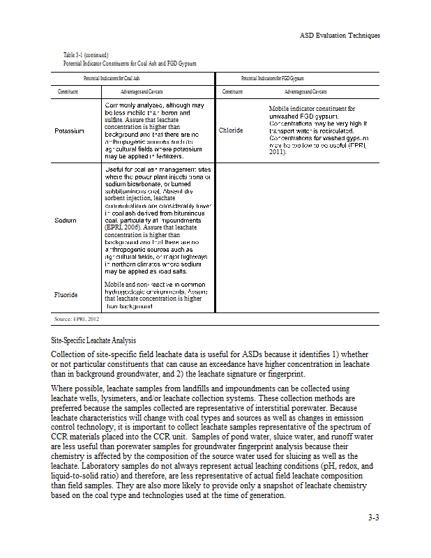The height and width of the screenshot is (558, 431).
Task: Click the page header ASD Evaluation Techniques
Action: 340,36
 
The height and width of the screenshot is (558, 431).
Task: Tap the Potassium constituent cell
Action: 69,131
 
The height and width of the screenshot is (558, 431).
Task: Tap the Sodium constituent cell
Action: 65,220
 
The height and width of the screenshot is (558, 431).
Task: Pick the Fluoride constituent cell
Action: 67,295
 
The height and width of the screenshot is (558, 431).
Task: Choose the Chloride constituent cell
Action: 231,130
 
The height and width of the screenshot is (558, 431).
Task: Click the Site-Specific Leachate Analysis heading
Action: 93,341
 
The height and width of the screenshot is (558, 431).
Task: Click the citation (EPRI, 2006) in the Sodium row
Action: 124,227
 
